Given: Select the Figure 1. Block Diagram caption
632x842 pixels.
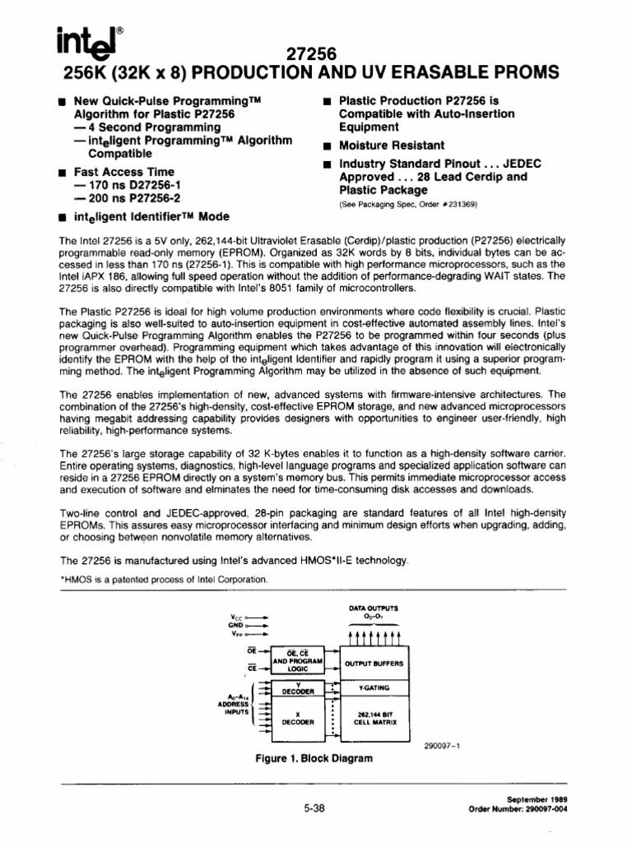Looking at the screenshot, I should tap(314, 758).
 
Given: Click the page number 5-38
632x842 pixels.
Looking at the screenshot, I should tap(314, 808).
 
